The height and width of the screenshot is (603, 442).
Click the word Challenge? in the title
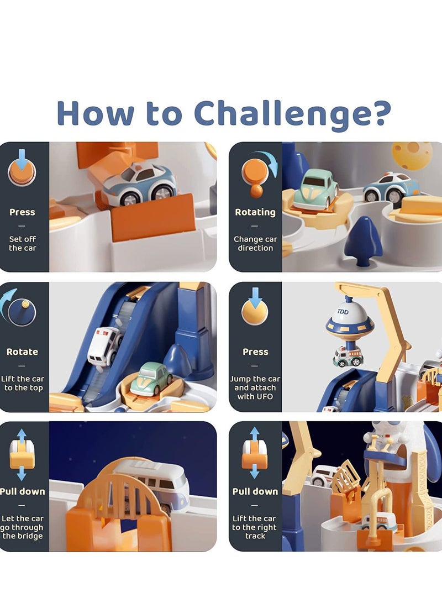click(292, 113)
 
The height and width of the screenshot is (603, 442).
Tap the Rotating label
click(255, 212)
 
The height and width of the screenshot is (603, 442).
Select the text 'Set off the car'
click(23, 244)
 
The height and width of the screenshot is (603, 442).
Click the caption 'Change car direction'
click(255, 244)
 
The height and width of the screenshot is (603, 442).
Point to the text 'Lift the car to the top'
click(23, 383)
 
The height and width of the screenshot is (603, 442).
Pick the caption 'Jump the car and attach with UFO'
click(255, 387)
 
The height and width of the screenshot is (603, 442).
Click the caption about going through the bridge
click(23, 527)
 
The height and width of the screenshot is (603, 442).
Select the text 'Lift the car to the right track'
click(255, 527)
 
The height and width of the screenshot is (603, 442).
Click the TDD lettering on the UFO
click(343, 312)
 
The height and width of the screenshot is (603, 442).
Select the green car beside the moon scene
click(315, 189)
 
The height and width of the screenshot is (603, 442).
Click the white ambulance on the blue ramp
click(104, 345)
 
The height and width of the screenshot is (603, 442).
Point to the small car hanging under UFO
click(348, 356)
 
